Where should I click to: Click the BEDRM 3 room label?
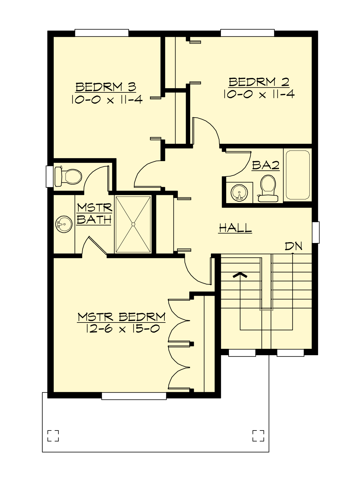(106, 87)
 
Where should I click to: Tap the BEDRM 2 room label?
(259, 82)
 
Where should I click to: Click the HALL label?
(235, 228)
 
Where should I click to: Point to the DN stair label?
(293, 246)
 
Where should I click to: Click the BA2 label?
(265, 165)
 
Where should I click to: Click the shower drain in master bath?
(133, 224)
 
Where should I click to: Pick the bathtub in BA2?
(298, 175)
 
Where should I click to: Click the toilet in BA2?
(268, 188)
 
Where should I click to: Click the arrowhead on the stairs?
(240, 275)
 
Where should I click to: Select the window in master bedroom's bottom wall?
(134, 396)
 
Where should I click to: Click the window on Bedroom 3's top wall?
(102, 33)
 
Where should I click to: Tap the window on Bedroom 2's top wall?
(247, 33)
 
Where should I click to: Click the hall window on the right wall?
(316, 232)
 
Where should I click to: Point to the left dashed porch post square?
(53, 436)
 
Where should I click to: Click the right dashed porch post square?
(258, 436)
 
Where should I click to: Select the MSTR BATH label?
(94, 214)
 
